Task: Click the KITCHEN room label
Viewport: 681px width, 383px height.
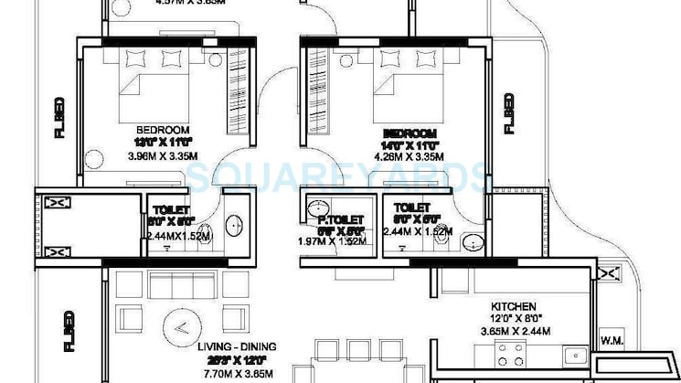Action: [512, 306]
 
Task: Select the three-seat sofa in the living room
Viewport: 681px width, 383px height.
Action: [184, 285]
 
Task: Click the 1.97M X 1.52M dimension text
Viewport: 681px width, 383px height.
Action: [333, 240]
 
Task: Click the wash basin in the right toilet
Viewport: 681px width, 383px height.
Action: [472, 240]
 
